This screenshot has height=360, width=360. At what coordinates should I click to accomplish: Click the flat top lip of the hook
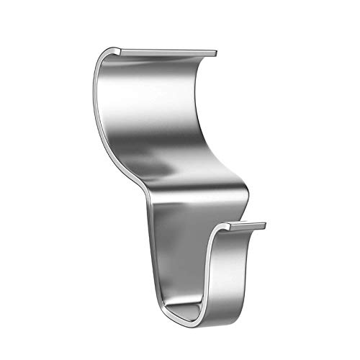166,53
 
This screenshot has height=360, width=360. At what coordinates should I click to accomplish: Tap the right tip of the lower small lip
265,226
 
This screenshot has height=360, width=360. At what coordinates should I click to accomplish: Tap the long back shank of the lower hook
173,245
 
